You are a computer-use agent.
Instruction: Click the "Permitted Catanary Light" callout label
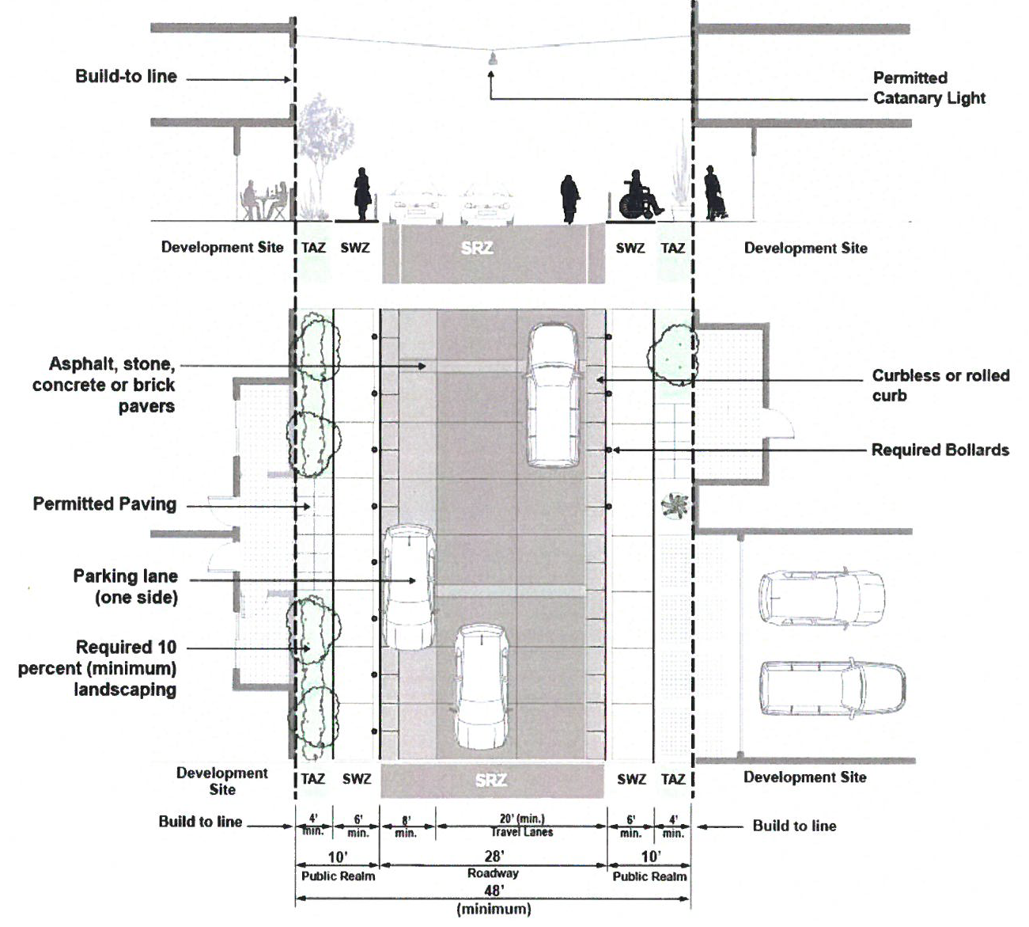(929, 88)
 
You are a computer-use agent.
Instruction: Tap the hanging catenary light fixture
(491, 59)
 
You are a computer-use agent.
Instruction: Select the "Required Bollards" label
(940, 450)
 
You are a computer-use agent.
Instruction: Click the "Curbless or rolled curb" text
(940, 386)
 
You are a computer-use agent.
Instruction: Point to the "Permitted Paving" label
(104, 504)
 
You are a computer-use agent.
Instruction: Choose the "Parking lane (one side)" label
(126, 587)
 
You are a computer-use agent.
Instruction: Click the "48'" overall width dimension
(494, 891)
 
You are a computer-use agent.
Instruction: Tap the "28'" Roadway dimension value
(494, 857)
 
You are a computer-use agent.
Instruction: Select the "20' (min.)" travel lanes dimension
(521, 819)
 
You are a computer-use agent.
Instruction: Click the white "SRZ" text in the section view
(477, 249)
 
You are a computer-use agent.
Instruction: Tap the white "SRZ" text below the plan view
(490, 781)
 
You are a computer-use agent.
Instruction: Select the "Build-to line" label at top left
(126, 77)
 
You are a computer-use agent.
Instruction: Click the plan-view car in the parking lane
(409, 586)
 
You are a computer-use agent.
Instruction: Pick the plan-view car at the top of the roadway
(553, 394)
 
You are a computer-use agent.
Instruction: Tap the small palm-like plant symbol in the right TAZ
(674, 504)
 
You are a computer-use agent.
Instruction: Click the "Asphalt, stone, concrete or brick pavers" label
(104, 386)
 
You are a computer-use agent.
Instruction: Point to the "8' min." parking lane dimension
(406, 826)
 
